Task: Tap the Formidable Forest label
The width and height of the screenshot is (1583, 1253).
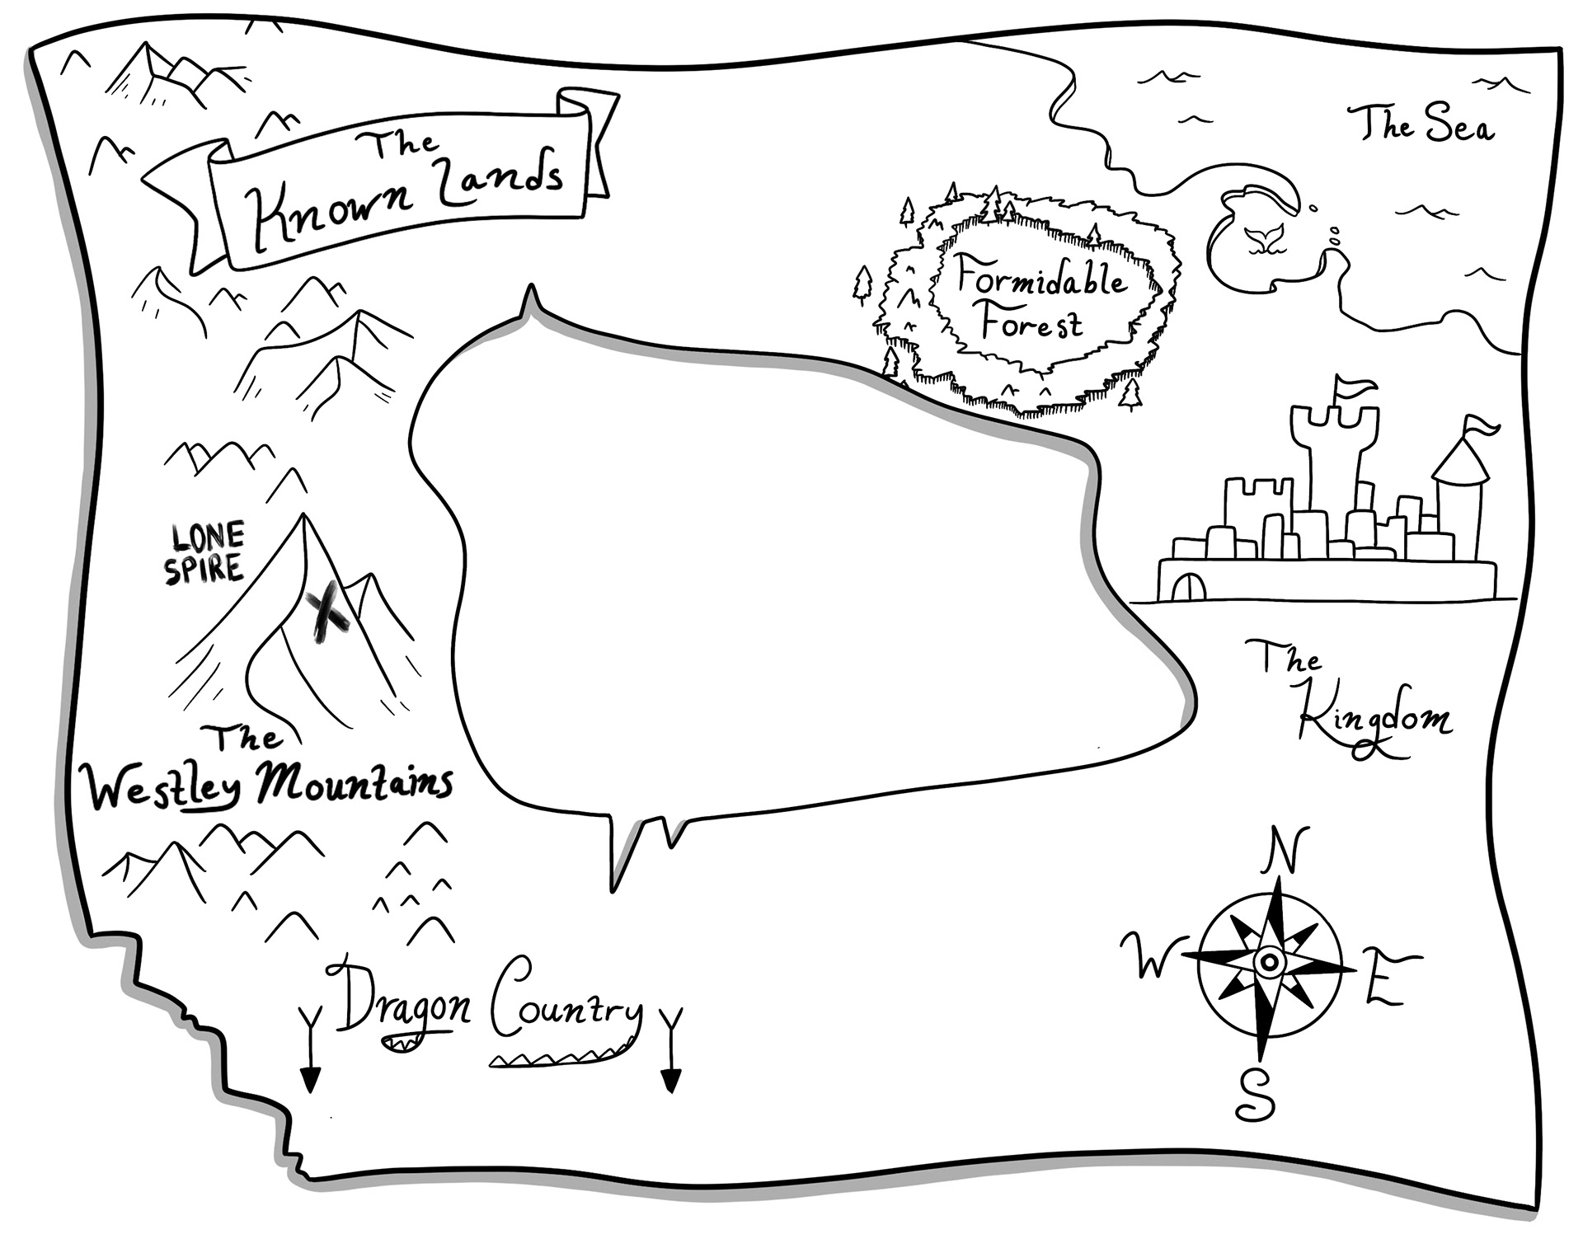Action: click(1036, 301)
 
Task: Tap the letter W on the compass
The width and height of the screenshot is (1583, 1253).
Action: click(1150, 957)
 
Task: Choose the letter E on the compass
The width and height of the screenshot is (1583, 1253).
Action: click(1393, 978)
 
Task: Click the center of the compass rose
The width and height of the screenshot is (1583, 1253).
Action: click(1269, 961)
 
